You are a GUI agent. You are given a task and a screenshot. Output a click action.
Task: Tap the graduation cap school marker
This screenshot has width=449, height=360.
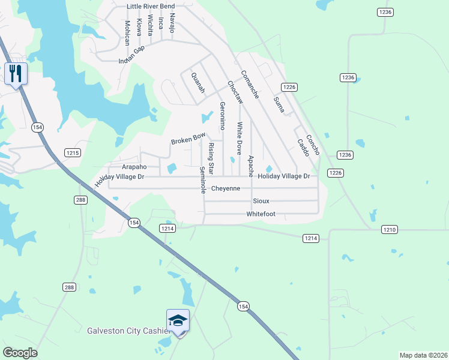pos(178,321)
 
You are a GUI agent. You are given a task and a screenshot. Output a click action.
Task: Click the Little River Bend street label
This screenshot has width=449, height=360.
pos(151,7)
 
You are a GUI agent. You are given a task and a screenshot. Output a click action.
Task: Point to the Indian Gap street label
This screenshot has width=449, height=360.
pos(132,55)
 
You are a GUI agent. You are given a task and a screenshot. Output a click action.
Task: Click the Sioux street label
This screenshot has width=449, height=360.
pos(261,201)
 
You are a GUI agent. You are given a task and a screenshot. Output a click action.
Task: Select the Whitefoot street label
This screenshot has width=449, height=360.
pos(261,214)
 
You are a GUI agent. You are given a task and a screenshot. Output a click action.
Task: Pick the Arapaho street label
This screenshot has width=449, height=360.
pos(134,167)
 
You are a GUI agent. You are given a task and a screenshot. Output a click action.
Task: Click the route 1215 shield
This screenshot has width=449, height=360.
pos(73,153)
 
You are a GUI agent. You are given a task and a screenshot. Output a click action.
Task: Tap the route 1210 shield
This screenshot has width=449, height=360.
pos(390,230)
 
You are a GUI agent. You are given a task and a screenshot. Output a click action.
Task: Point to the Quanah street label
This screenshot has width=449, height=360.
pos(197,83)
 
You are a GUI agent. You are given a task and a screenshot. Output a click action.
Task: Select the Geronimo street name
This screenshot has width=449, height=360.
pos(222,116)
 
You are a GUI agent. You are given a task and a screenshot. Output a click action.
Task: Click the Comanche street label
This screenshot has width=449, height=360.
pos(250,85)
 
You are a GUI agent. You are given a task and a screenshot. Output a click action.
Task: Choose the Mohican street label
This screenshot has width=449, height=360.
pos(127,33)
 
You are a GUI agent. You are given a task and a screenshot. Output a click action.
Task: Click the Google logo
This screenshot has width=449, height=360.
pos(20,353)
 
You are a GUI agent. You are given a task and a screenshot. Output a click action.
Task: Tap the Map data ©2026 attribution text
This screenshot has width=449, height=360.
pos(423,355)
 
